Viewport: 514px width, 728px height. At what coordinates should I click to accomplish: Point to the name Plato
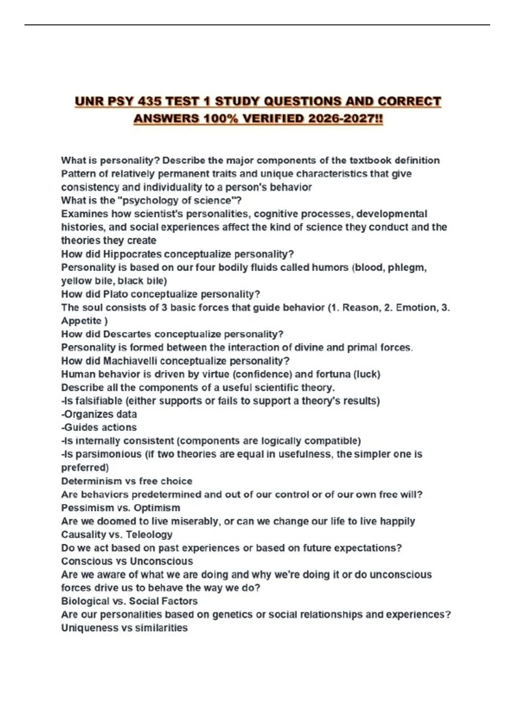[x=116, y=294]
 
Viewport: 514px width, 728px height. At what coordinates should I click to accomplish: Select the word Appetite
[x=81, y=321]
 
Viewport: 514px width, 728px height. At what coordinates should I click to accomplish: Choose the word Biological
[x=85, y=601]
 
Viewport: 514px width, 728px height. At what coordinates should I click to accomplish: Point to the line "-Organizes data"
[x=99, y=414]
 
